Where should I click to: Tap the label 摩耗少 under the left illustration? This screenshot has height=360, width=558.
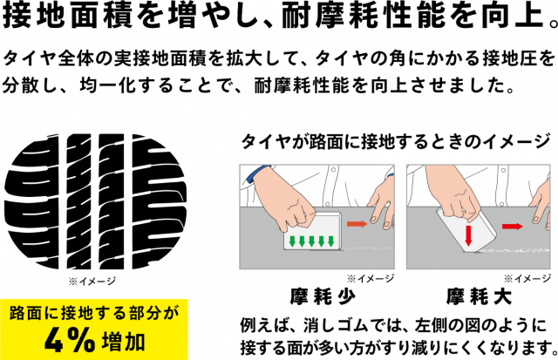click(323, 296)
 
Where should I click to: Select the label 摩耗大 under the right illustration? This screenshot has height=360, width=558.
click(480, 296)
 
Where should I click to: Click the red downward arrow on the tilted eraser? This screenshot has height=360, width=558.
click(468, 234)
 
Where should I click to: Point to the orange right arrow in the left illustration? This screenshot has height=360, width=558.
click(357, 224)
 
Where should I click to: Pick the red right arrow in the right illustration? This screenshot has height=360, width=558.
click(513, 227)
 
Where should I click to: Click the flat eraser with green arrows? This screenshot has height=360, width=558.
click(312, 230)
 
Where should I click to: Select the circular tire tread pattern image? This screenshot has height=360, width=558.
click(95, 201)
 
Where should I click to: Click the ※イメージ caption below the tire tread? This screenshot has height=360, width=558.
click(92, 282)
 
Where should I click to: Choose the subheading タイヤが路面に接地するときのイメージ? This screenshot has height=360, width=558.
click(395, 142)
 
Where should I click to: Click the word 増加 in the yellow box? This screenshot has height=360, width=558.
click(123, 342)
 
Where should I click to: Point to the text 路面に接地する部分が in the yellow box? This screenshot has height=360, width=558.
click(94, 314)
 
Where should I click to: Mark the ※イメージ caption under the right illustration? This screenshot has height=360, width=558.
click(527, 279)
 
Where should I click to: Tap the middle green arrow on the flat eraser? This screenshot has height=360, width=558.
click(311, 241)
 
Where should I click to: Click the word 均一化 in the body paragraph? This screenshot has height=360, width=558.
click(108, 86)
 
